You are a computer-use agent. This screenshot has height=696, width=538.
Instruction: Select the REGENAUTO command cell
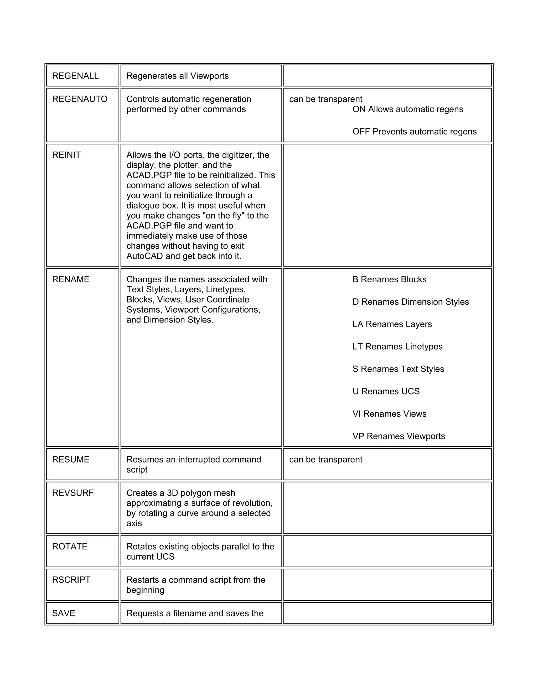[80, 99]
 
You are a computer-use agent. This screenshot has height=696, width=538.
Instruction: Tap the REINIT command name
[66, 155]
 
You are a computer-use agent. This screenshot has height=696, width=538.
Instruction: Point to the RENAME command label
[71, 279]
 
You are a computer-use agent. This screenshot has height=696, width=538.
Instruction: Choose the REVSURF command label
[73, 493]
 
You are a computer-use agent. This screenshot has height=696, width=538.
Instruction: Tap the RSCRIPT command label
[71, 580]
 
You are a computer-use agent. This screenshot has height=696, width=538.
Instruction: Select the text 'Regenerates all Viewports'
[178, 76]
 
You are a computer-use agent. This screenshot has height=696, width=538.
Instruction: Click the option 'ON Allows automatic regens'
[408, 109]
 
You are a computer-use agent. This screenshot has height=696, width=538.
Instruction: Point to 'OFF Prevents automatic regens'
[414, 132]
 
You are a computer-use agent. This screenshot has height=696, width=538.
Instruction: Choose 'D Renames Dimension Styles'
[411, 302]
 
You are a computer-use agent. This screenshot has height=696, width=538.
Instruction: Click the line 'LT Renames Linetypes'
[397, 346]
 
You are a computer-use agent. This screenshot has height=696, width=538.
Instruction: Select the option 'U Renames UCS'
[386, 391]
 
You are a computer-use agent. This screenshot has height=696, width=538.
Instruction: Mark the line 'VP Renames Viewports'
[399, 436]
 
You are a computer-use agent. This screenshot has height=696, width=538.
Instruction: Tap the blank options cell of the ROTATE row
[387, 551]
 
